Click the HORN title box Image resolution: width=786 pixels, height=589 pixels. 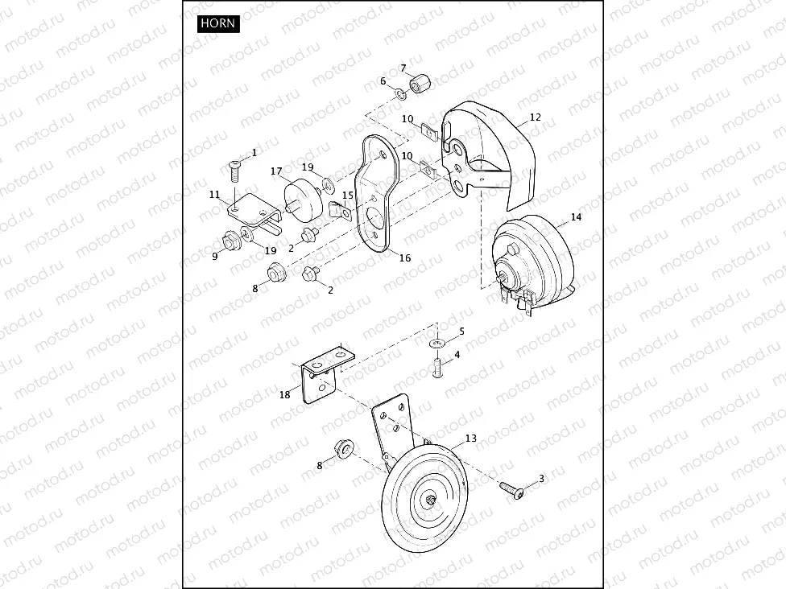coord(218,23)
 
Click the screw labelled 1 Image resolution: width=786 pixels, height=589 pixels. coord(234,171)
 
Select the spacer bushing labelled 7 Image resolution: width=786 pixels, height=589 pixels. coord(420,83)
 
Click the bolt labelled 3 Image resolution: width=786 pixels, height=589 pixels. coord(511,489)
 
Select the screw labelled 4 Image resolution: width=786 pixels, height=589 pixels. coord(437,369)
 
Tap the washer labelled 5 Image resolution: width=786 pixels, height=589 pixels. coord(437,344)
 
